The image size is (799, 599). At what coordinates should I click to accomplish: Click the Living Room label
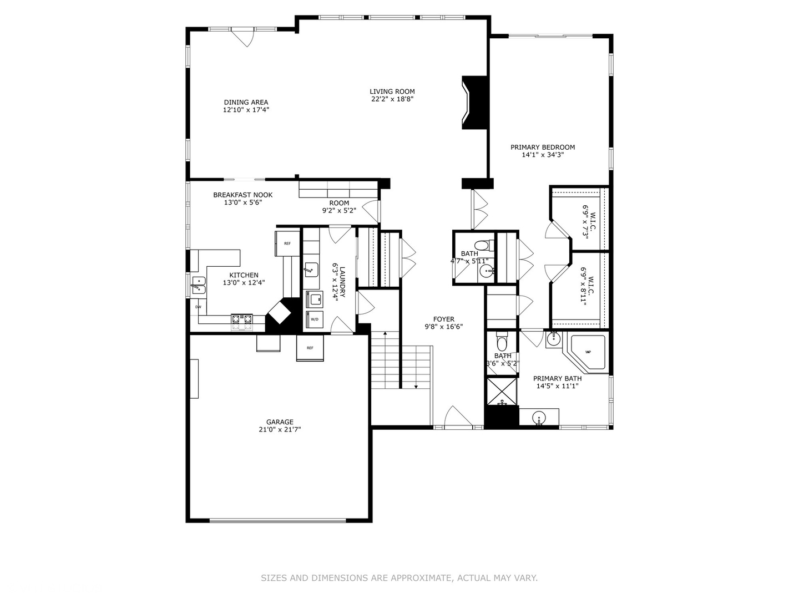point(392,92)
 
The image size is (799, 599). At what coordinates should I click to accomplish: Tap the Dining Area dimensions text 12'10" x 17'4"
point(246,110)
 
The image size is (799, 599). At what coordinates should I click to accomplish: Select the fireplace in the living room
point(476,103)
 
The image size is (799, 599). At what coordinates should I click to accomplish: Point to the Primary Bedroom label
point(543,147)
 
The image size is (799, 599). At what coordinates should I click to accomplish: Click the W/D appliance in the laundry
point(315,319)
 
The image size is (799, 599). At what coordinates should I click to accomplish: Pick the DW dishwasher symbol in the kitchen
point(198,306)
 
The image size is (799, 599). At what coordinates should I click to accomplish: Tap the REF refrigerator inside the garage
point(310,348)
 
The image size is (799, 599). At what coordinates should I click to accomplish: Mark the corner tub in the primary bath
point(586,353)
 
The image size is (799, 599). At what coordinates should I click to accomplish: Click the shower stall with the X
point(502,392)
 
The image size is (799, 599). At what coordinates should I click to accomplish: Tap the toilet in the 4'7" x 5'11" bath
point(482,245)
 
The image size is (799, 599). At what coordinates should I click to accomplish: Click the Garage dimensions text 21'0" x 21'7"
point(280,429)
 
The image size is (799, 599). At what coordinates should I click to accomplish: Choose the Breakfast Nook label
point(242,195)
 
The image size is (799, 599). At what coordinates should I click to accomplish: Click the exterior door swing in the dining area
point(243,37)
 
